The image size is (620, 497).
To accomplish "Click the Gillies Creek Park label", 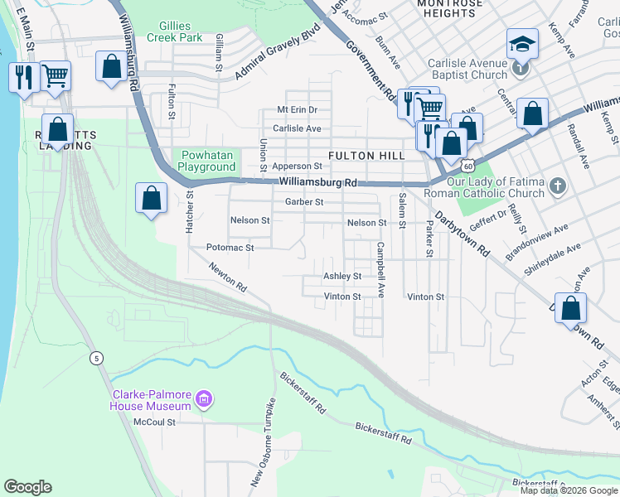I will tap(174, 31).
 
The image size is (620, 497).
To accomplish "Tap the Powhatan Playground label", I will tap(208, 161).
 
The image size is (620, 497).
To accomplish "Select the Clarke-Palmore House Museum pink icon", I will tap(203, 402).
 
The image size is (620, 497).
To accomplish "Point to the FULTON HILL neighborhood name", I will tap(366, 156).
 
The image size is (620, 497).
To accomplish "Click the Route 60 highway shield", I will tap(470, 156).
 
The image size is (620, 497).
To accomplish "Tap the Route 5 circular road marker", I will tap(97, 357).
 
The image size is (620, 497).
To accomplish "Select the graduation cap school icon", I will tap(521, 43).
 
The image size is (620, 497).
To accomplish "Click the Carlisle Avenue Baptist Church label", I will tap(467, 69).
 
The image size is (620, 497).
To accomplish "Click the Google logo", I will tap(27, 487).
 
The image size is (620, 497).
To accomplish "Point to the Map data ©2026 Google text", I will tap(569, 490).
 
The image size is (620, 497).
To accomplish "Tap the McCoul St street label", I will tap(155, 422).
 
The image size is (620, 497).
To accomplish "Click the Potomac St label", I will tap(229, 248).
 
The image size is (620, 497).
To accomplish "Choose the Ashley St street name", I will tap(342, 277).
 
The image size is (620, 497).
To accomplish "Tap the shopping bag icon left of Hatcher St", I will tap(152, 199).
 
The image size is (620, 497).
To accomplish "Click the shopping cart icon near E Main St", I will tap(56, 75).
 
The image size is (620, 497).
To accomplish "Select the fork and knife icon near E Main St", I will tap(22, 77).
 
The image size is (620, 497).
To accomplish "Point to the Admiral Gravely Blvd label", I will tap(277, 57).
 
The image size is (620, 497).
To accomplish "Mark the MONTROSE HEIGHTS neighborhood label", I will tap(450, 8).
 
